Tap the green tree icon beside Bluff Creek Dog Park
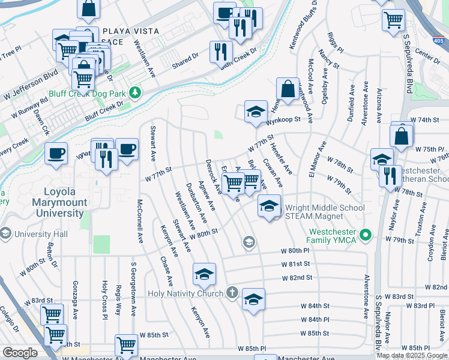click(136, 92)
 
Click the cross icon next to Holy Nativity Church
click(232, 293)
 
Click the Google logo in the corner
click(20, 353)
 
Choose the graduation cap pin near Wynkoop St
click(256, 111)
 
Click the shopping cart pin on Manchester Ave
click(126, 345)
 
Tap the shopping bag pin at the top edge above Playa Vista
click(88, 8)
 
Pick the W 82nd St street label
click(298, 278)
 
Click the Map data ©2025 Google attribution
click(412, 355)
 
